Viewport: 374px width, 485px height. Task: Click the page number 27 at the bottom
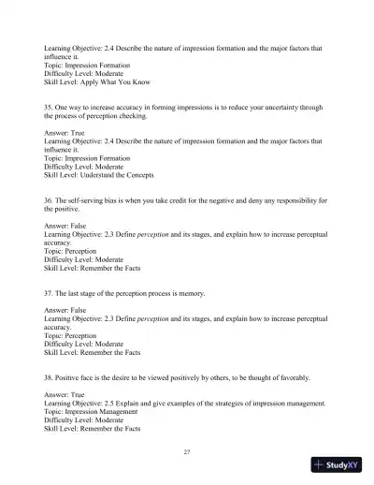(187, 452)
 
